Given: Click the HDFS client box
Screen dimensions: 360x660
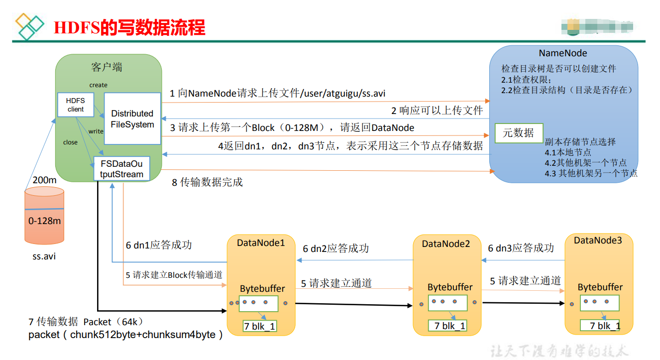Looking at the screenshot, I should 76,105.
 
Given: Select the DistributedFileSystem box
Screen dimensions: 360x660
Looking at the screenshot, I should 132,119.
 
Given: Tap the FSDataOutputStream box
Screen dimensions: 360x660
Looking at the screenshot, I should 121,169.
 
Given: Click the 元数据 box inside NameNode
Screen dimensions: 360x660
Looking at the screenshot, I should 519,133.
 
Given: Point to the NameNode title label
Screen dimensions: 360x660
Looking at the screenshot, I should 563,53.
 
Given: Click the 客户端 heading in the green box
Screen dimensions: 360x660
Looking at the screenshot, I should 107,67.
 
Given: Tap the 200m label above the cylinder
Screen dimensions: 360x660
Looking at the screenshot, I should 44,180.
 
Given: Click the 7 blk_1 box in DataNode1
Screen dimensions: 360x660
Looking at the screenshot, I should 259,326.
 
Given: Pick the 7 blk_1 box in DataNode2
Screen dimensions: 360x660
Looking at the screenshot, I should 446,326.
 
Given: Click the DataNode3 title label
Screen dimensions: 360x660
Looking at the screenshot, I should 598,240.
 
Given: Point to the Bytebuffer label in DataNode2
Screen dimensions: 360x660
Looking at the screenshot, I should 450,287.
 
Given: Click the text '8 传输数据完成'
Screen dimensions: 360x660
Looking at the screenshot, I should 207,182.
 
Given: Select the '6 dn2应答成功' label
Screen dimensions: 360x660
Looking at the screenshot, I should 335,248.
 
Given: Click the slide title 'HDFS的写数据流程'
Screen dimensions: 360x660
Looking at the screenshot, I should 129,27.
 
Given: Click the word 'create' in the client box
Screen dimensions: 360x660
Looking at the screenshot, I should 98,85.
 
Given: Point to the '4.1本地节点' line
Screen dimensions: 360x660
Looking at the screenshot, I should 568,153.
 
